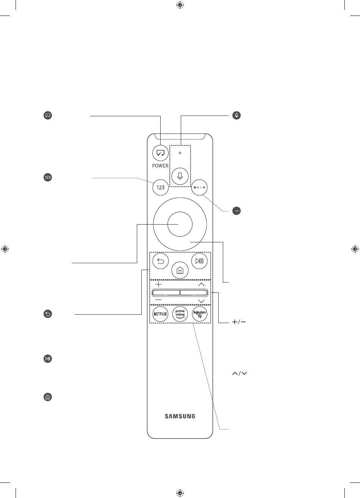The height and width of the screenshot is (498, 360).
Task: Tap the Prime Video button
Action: (x=180, y=314)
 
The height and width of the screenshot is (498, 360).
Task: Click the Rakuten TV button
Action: (x=200, y=314)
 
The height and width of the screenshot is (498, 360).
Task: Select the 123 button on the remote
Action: (x=160, y=187)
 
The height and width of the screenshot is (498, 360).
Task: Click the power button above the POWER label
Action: (x=160, y=153)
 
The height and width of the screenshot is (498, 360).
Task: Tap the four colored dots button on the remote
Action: (x=199, y=187)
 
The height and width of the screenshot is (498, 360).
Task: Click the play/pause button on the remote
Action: (x=199, y=261)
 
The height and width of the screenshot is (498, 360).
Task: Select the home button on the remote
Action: (x=180, y=270)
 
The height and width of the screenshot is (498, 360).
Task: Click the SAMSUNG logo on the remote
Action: (x=180, y=416)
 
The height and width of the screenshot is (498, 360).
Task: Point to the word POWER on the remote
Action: (x=160, y=165)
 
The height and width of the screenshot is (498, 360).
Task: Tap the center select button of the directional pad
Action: (x=180, y=224)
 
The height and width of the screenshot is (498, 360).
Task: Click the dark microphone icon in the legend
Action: (x=236, y=116)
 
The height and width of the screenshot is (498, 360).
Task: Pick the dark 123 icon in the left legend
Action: (x=48, y=177)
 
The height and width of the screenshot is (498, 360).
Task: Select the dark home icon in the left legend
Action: (x=48, y=397)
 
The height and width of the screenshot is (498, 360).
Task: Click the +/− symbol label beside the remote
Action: (x=239, y=322)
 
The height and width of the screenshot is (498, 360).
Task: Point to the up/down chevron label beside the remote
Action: (x=239, y=373)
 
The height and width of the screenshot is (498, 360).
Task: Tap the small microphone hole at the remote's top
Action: (x=180, y=153)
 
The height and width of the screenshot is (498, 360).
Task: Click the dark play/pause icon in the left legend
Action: (x=48, y=359)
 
